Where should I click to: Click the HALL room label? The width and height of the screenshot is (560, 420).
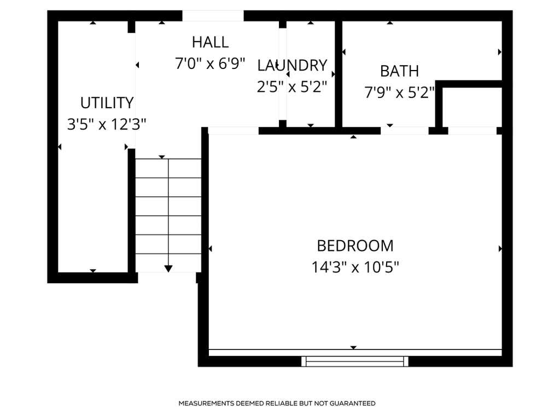coord(211,42)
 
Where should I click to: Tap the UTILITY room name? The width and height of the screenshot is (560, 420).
coord(107,103)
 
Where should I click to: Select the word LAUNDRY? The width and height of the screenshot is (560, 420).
coord(292,66)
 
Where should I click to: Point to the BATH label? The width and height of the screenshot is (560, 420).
coord(399,71)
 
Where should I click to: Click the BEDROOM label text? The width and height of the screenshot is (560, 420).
coord(355,246)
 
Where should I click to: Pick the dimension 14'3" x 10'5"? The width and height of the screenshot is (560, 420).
coord(355,267)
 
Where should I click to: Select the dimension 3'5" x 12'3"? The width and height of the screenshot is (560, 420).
coord(107,124)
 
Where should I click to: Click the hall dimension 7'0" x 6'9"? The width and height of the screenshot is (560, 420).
coord(210,63)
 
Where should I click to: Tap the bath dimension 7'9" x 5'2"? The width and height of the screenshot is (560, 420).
coord(399,92)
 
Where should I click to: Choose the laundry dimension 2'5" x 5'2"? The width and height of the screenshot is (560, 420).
coord(292,86)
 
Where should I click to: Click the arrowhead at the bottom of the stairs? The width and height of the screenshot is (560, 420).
coord(168,269)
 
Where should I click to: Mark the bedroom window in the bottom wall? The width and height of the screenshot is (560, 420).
coord(354,361)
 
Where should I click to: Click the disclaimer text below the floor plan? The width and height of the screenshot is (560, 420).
coord(277,403)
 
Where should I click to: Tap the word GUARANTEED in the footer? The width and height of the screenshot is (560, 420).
coord(352,403)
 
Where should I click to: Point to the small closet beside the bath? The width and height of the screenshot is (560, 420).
coord(472,107)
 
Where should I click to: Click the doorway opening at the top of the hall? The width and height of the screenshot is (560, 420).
coord(213,16)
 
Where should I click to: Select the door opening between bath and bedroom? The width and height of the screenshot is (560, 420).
coord(404,131)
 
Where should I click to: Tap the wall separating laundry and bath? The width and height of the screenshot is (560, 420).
coord(339,74)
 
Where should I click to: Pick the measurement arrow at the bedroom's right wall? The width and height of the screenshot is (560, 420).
coord(500,249)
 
